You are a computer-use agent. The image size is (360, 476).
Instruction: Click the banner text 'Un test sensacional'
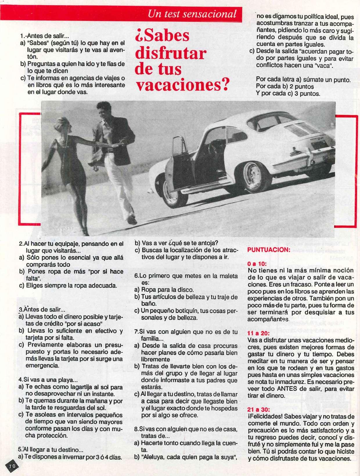click(192, 14)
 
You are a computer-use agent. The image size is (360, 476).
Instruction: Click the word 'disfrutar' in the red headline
click(171, 53)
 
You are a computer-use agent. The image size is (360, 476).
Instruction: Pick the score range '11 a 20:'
click(259, 333)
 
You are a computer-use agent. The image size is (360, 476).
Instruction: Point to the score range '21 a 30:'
click(259, 410)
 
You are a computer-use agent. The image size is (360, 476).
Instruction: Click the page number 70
click(12, 466)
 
